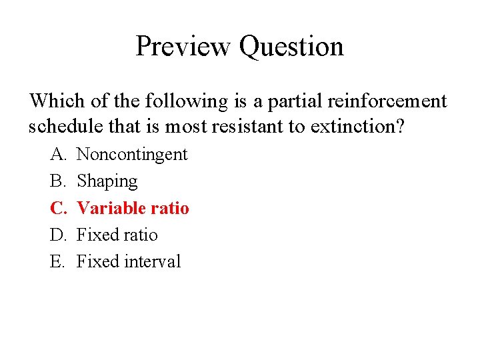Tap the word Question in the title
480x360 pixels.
pyautogui.click(x=291, y=47)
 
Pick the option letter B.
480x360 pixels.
pyautogui.click(x=57, y=181)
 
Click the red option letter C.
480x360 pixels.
pyautogui.click(x=57, y=208)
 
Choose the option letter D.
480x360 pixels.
pyautogui.click(x=58, y=235)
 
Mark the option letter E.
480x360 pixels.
pyautogui.click(x=57, y=261)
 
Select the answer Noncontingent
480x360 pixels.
pyautogui.click(x=132, y=155)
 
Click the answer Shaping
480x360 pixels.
pyautogui.click(x=107, y=182)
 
